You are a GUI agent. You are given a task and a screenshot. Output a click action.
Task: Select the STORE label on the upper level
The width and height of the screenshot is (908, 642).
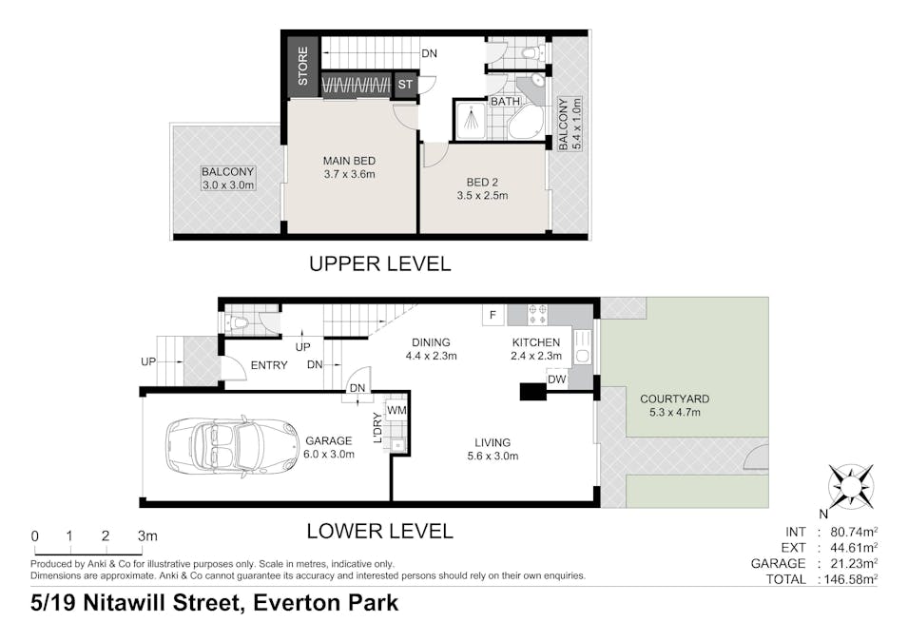pyautogui.click(x=303, y=67)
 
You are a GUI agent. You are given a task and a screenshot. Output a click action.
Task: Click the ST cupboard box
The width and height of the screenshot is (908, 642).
pyautogui.click(x=405, y=86)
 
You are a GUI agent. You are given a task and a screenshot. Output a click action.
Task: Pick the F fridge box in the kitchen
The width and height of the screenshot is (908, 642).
pyautogui.click(x=493, y=315)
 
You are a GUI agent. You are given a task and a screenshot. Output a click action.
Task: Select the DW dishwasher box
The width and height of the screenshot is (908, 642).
pyautogui.click(x=557, y=379)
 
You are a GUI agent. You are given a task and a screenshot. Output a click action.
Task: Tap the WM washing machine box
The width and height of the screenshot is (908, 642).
pyautogui.click(x=396, y=410)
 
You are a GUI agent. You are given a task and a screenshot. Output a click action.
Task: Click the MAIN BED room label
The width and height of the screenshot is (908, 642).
pyautogui.click(x=350, y=161)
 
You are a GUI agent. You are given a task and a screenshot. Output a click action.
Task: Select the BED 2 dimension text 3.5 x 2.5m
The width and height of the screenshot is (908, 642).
pyautogui.click(x=482, y=196)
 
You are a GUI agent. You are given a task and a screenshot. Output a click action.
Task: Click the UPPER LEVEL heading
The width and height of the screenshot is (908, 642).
pyautogui.click(x=379, y=263)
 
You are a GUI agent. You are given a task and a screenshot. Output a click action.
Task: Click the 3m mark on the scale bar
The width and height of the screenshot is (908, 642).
pyautogui.click(x=146, y=536)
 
